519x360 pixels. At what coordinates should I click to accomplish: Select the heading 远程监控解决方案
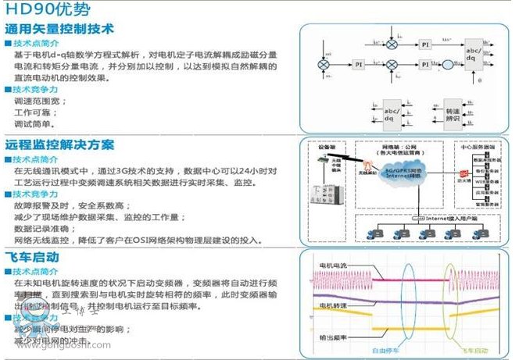[x=59, y=145]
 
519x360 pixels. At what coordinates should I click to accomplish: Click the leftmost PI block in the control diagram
[x=358, y=64]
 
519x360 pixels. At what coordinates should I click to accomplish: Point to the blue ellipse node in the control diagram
[x=449, y=64]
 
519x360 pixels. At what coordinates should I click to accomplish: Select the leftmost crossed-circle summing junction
[x=322, y=64]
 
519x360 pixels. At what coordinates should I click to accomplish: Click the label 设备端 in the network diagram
[x=328, y=147]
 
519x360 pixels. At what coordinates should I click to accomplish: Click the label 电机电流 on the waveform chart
[x=337, y=266]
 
